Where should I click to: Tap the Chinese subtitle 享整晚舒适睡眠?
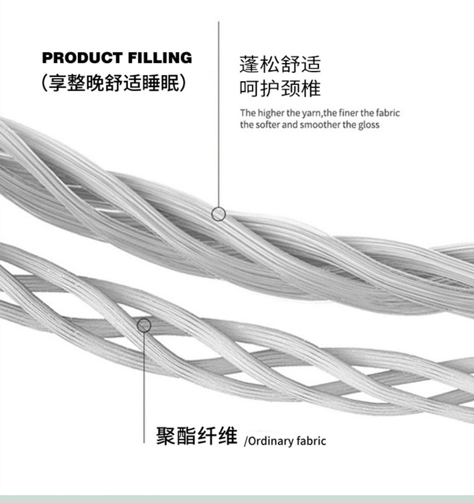point(116,83)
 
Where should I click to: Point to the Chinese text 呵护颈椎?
point(280,89)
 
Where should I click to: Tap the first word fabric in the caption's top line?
point(387,112)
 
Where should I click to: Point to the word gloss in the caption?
point(368,125)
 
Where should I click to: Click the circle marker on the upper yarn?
point(219,213)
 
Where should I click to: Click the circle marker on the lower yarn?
point(144,326)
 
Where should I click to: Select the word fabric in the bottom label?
point(311,441)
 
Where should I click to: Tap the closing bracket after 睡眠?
point(188,83)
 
